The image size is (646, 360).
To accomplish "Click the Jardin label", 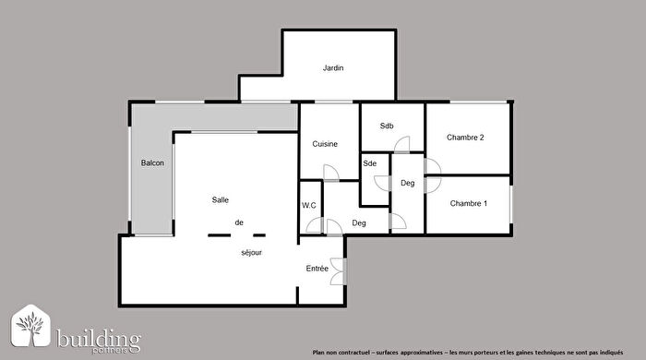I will tap(333, 68).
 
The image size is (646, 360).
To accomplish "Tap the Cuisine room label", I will tap(324, 144).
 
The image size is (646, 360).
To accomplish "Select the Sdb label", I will tap(388, 126).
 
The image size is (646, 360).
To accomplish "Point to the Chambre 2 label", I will tap(465, 138).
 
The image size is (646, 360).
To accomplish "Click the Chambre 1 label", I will tap(468, 203).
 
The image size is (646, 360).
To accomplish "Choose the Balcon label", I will tap(152, 163).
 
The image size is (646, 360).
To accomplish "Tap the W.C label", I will tap(309, 206).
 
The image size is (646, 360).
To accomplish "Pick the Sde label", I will tap(370, 163).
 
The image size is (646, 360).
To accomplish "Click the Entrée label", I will tap(317, 269).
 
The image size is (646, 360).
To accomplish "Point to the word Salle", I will tap(221, 200).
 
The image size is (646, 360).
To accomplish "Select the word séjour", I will tap(252, 252).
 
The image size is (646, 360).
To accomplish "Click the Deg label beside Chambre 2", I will tap(407, 183).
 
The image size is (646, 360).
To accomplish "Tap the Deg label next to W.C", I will tap(359, 223).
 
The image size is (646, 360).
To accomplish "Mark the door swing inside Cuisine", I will tap(330, 173).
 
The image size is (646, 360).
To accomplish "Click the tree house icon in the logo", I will tap(31, 328).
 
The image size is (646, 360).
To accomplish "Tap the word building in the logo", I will tap(98, 336).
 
